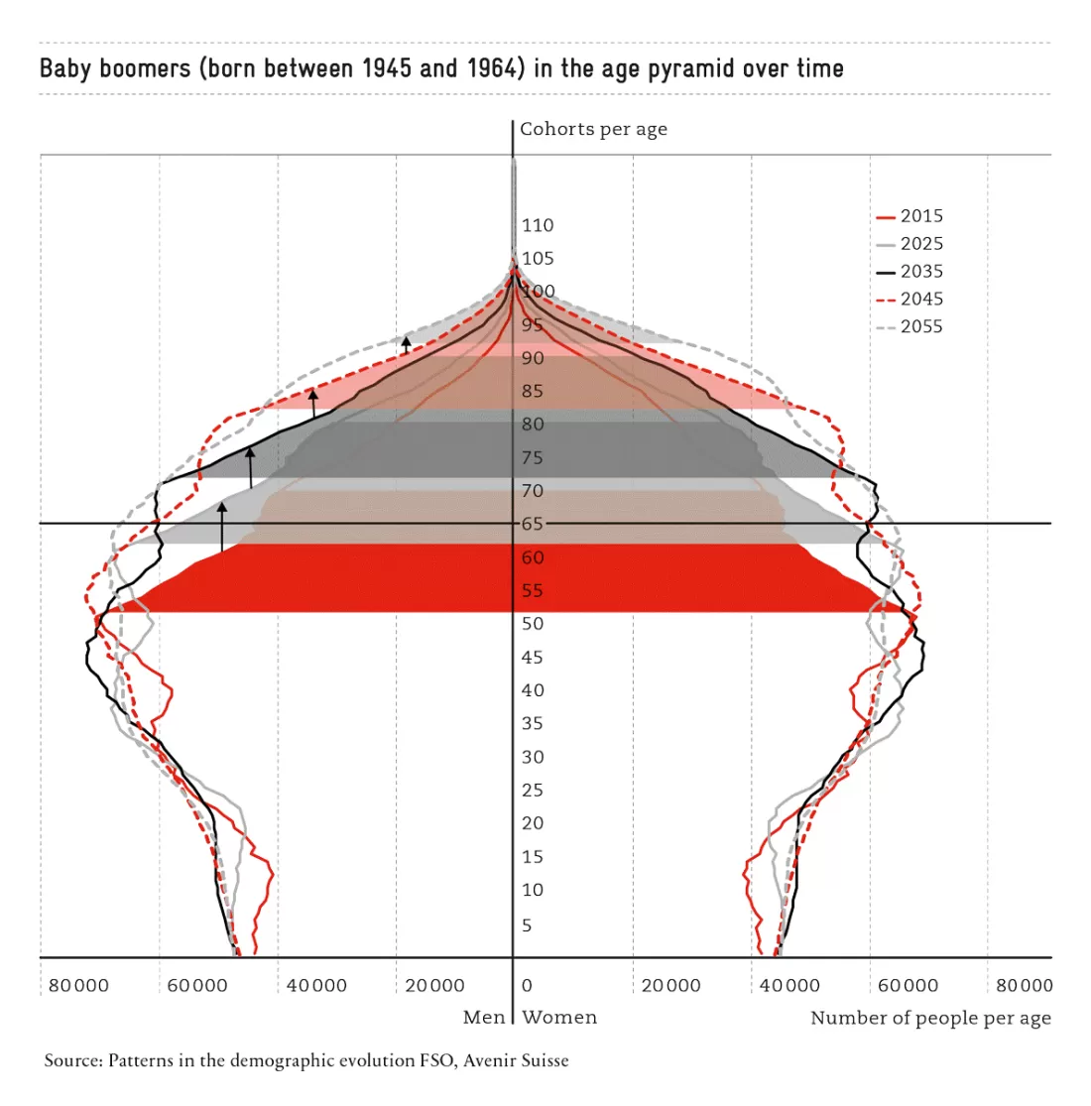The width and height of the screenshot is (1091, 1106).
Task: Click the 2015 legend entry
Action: [x=909, y=216]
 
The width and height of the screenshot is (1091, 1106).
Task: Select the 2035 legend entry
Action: [x=909, y=271]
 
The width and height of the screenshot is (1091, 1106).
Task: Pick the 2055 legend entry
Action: [x=909, y=326]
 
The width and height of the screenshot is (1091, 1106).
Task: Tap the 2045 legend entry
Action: [x=909, y=299]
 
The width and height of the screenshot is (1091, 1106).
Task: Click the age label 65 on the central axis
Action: [x=533, y=524]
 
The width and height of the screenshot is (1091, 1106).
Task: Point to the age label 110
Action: [x=538, y=225]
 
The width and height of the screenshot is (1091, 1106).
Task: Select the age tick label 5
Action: [x=527, y=924]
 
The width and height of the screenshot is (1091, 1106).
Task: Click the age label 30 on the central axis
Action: [x=533, y=757]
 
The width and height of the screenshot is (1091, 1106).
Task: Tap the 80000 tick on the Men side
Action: [x=79, y=985]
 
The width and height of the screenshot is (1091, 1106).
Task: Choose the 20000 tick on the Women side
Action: [x=670, y=985]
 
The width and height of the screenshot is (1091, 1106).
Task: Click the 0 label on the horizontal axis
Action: [x=527, y=985]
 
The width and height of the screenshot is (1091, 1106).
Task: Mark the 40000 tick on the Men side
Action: [x=316, y=985]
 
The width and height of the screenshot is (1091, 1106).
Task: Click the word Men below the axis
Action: [x=484, y=1017]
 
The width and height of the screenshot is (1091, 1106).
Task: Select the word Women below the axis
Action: [x=559, y=1017]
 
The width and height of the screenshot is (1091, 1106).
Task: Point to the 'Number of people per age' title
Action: [x=930, y=1018]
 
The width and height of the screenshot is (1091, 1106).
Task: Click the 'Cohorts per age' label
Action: [x=593, y=129]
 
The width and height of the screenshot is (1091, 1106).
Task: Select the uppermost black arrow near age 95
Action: [x=407, y=345]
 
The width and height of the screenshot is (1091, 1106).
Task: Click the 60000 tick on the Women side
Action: [x=908, y=985]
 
